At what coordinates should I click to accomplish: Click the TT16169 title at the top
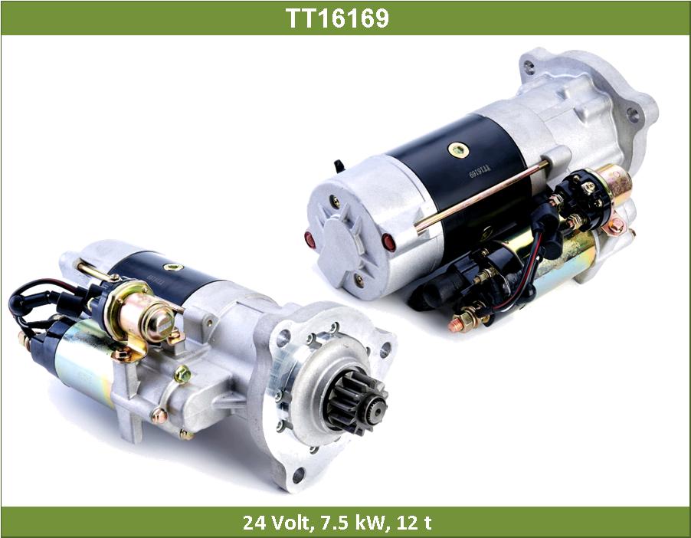click(x=338, y=18)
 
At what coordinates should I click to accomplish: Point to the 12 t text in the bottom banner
click(x=414, y=523)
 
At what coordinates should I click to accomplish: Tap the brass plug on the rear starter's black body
click(x=458, y=150)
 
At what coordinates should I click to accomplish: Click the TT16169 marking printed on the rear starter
click(x=480, y=171)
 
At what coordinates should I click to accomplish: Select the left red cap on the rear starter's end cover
click(x=309, y=239)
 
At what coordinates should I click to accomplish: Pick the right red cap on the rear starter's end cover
click(x=388, y=242)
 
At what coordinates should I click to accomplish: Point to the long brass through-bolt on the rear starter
click(x=482, y=197)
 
